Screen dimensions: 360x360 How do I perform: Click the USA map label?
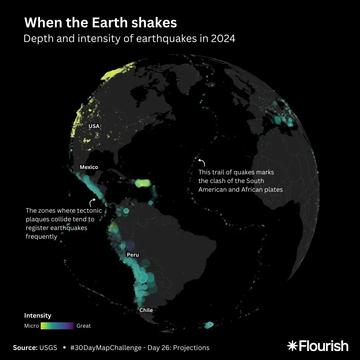(94, 126)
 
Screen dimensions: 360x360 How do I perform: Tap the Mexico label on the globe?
(89, 167)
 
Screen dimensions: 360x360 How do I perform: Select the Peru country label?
(133, 255)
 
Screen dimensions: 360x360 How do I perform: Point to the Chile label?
(146, 310)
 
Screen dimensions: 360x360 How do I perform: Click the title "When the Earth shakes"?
(100, 23)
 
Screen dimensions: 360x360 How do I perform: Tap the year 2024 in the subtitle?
(223, 39)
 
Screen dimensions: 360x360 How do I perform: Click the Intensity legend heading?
(38, 315)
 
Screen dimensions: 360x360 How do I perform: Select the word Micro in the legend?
(32, 326)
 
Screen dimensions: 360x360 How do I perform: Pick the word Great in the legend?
(84, 326)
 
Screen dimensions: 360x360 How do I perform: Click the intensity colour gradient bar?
(57, 326)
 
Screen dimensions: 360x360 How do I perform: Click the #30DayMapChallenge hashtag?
(106, 348)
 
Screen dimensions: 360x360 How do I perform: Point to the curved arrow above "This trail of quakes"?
(202, 162)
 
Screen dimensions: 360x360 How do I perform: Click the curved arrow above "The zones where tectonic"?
(92, 202)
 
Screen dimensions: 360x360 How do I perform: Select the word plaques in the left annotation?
(38, 219)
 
